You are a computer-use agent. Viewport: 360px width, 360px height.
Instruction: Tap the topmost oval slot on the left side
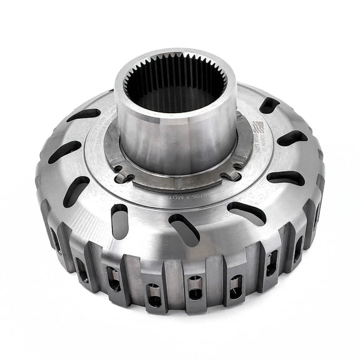click(x=83, y=115)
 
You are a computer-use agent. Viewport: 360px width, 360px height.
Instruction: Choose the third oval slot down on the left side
click(x=76, y=190)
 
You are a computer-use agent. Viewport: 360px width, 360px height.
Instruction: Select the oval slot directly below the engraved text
click(x=184, y=229)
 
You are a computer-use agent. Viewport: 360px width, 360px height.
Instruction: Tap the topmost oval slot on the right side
click(x=269, y=105)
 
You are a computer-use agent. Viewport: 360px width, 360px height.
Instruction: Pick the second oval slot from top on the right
click(x=291, y=138)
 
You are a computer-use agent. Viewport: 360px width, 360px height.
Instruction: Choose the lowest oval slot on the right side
click(x=248, y=213)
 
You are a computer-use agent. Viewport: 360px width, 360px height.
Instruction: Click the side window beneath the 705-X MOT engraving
click(x=195, y=287)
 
